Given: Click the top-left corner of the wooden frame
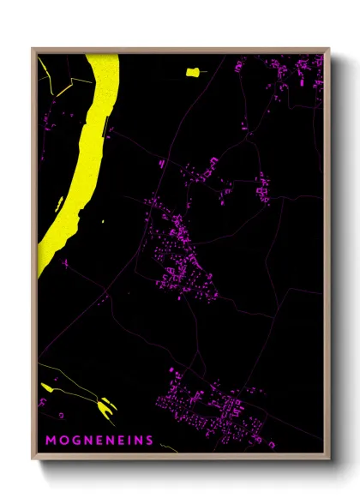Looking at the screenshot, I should [x=33, y=49].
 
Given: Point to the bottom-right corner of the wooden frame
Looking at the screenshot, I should [x=328, y=459].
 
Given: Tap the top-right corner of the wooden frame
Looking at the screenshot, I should [x=328, y=49].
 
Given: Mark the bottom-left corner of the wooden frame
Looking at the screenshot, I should [x=33, y=459].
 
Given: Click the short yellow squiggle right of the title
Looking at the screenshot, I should [x=170, y=446].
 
